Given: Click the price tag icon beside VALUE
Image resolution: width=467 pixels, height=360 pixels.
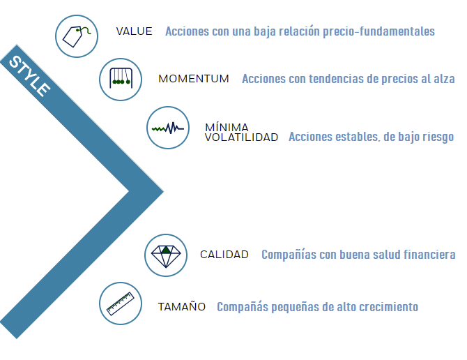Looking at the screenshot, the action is (76, 36).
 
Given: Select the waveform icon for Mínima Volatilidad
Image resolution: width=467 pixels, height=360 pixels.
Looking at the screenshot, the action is (168, 128).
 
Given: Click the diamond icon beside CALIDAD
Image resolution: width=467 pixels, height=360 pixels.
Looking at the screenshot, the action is (166, 255).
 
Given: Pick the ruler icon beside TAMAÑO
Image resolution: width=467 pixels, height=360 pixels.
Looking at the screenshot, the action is (121, 303).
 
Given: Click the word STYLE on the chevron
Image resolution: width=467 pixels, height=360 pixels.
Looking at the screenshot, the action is (29, 76).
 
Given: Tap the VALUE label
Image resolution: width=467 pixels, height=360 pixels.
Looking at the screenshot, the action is (135, 31).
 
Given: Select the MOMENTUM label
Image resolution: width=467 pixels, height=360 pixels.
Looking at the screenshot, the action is (194, 79).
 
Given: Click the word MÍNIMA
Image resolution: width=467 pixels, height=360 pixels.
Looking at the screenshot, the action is (227, 127).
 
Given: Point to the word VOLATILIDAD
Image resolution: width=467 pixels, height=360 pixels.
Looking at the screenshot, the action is (242, 137).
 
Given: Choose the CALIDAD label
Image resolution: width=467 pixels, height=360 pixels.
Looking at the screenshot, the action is (224, 255).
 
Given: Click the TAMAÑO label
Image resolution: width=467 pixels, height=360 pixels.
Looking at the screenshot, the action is (182, 306).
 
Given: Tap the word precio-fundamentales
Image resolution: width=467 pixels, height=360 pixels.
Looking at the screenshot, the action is (379, 31).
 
